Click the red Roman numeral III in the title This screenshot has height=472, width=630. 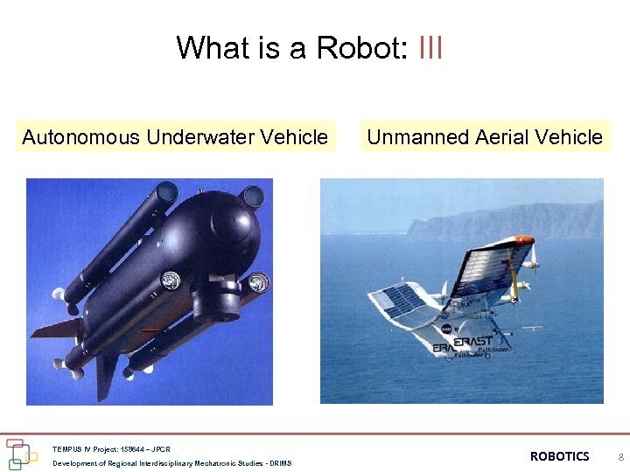point(430,47)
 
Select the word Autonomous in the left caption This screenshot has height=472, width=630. point(80,137)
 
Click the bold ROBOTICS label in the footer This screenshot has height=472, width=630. point(559,456)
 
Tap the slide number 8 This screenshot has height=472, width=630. point(620,457)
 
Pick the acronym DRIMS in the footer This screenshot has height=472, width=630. point(280,463)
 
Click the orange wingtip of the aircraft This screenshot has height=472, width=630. point(523,239)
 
